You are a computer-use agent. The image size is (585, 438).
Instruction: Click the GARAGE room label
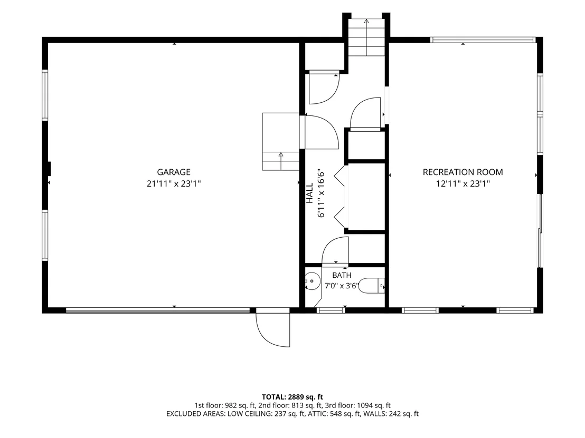(174, 172)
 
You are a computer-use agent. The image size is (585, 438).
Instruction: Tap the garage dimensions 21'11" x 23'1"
(174, 183)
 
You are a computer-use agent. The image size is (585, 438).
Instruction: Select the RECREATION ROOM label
(463, 172)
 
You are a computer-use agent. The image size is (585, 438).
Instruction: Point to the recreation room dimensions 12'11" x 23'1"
(463, 183)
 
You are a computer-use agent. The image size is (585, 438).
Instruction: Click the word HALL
(310, 193)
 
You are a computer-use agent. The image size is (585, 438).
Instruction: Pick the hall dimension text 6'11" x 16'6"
(321, 193)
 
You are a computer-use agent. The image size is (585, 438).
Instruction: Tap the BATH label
(342, 275)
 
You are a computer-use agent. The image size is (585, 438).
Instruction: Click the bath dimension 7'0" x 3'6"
(342, 286)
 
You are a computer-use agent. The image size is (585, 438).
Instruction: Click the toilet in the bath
(372, 285)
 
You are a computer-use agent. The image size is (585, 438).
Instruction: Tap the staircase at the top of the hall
(366, 37)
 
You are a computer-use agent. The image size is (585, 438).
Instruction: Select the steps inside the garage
(281, 142)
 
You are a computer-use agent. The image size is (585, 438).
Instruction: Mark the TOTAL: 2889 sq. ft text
(292, 397)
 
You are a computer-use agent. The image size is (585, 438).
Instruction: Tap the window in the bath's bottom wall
(331, 310)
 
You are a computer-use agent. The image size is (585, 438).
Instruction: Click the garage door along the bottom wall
(158, 310)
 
